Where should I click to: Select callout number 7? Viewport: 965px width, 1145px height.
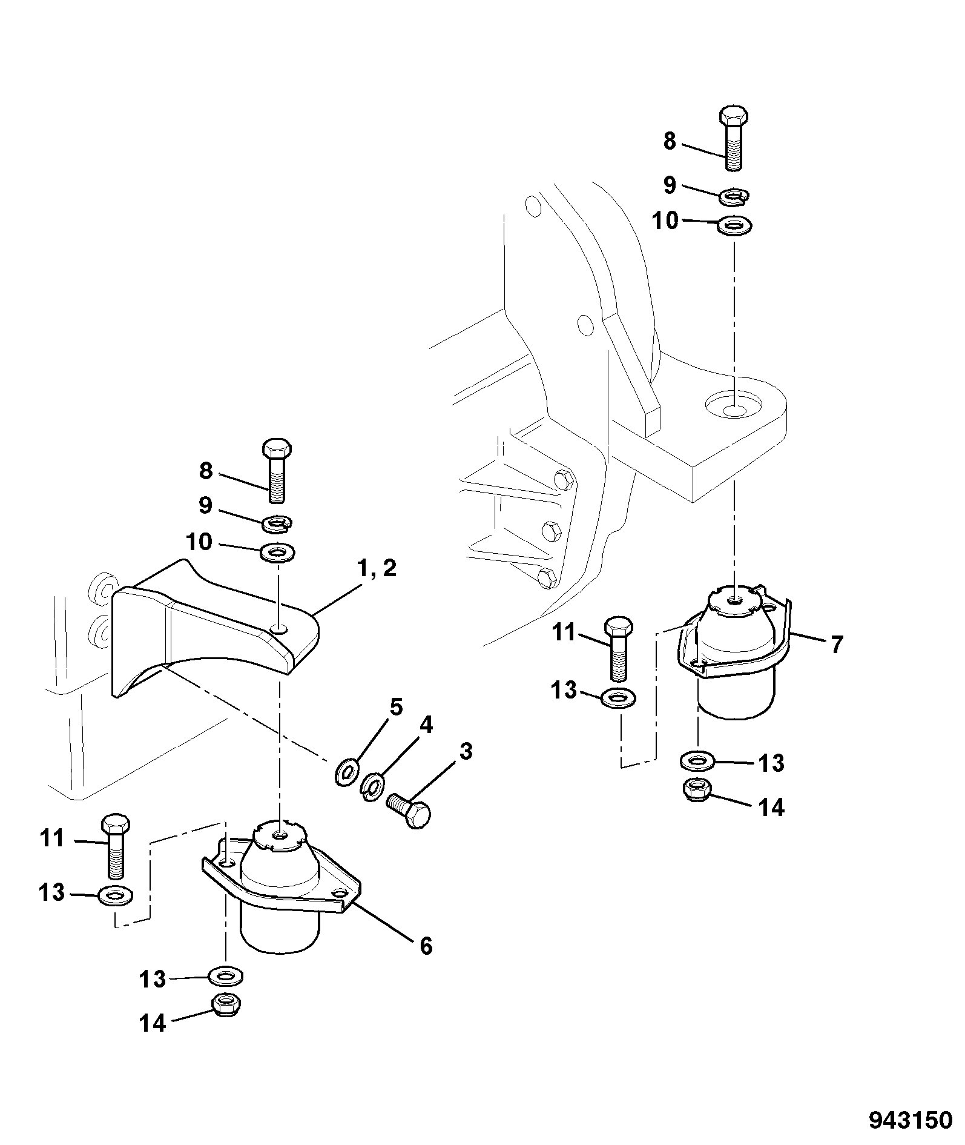coord(836,645)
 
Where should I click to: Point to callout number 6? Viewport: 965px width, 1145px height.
coord(426,945)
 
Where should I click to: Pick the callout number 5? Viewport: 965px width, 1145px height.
coord(396,707)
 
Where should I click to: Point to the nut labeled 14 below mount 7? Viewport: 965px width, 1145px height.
coord(696,788)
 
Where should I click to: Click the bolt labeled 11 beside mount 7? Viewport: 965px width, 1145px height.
coord(618,649)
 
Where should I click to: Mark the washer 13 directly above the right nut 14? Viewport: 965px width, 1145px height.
coord(697,759)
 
